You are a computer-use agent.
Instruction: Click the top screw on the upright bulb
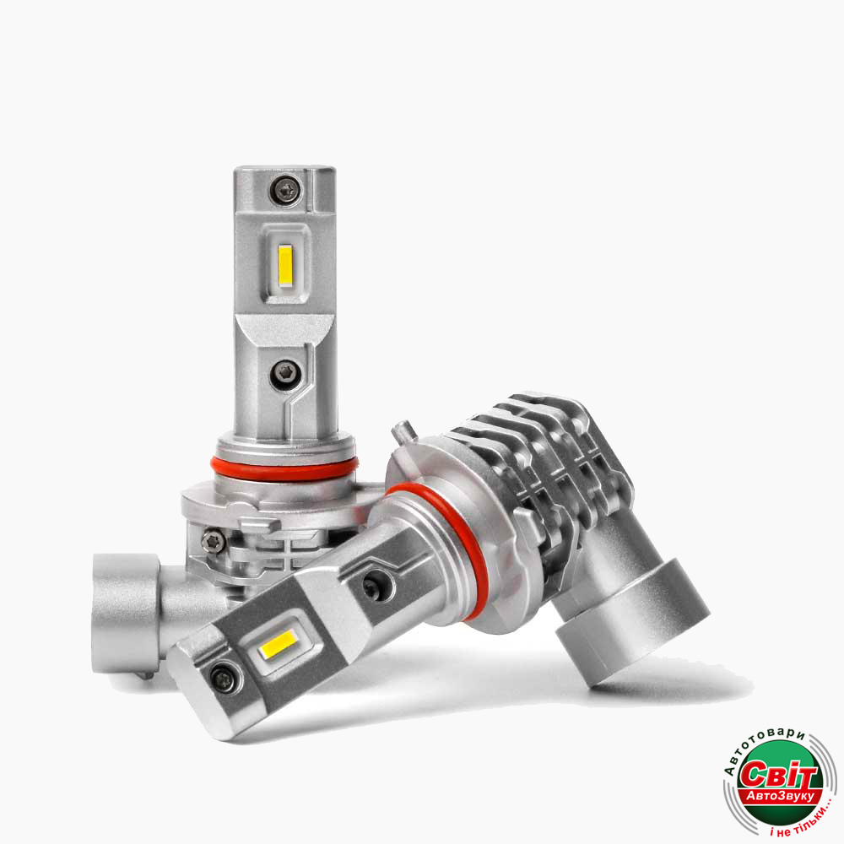tap(285, 190)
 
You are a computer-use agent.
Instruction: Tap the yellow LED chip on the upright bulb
tap(285, 266)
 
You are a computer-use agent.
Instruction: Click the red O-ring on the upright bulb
tap(284, 468)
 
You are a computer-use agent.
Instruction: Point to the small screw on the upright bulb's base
tap(213, 541)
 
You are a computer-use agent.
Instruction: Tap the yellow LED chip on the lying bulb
tap(279, 644)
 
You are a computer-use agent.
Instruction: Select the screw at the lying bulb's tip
tap(225, 679)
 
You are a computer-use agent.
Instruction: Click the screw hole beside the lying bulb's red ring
tap(375, 587)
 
